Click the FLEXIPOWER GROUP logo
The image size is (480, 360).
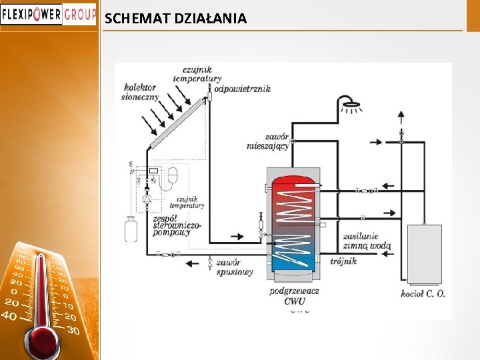point(48,14)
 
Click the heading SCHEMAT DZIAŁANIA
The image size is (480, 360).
point(175,19)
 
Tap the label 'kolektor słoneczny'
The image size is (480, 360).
point(140,91)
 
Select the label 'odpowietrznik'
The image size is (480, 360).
point(242,89)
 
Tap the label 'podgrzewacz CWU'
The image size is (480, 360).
point(294,295)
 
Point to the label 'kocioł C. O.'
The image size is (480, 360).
point(423,293)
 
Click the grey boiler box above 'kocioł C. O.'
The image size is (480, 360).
point(424,254)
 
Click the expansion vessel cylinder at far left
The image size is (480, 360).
point(131,229)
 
